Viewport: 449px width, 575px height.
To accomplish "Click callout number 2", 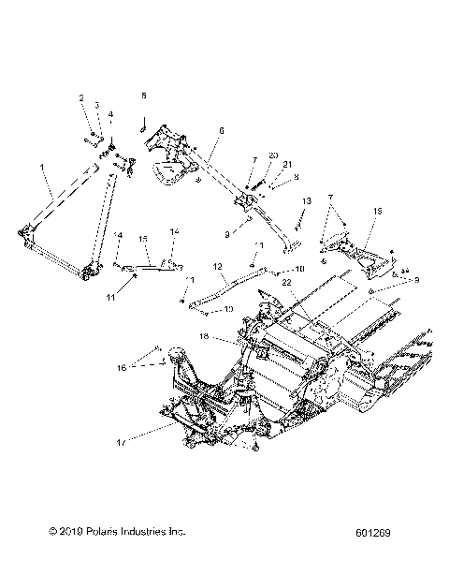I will (81, 98).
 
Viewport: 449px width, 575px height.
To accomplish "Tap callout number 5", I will (144, 96).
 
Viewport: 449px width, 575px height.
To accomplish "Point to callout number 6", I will (222, 132).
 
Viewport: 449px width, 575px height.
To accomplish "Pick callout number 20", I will (273, 155).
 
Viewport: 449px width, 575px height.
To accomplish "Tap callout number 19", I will (378, 214).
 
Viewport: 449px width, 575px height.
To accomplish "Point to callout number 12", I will (217, 266).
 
